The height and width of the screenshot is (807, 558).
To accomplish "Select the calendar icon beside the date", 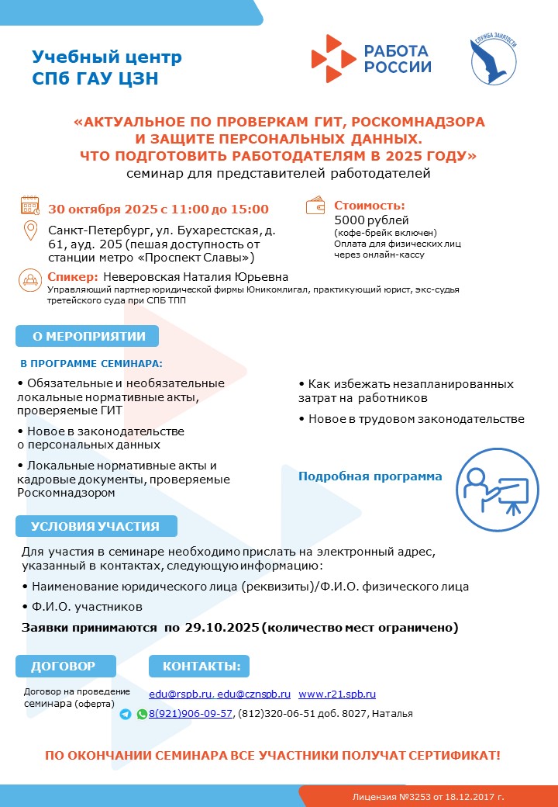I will pos(29,206).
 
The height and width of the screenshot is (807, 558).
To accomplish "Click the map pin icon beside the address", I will pos(30,231).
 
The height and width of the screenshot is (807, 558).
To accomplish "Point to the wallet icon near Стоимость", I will pos(316,206).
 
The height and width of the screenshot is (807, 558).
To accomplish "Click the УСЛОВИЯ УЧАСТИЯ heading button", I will pos(95,526).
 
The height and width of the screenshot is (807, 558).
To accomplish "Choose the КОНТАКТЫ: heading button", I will pos(201,666).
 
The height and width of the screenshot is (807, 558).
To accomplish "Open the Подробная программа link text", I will pos(370,476).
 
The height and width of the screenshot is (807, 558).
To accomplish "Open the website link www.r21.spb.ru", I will pos(337,694).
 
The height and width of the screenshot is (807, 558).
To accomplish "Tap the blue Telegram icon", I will pos(126,714).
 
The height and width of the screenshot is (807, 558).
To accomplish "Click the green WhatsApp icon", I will pos(142,714).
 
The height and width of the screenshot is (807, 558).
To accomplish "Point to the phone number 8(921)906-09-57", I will pos(191,714).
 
